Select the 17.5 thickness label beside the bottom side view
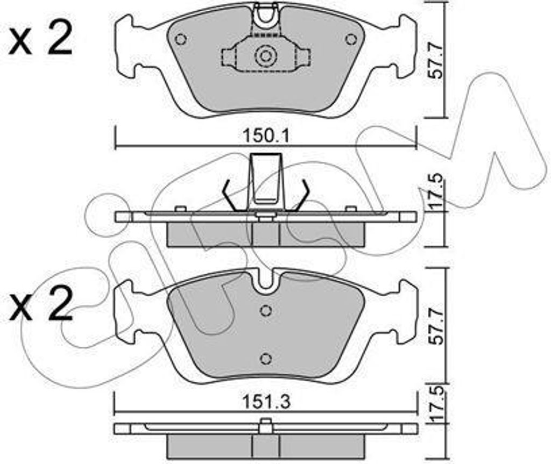(436, 406)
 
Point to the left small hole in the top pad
(181, 40)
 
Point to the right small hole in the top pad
(351, 39)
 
